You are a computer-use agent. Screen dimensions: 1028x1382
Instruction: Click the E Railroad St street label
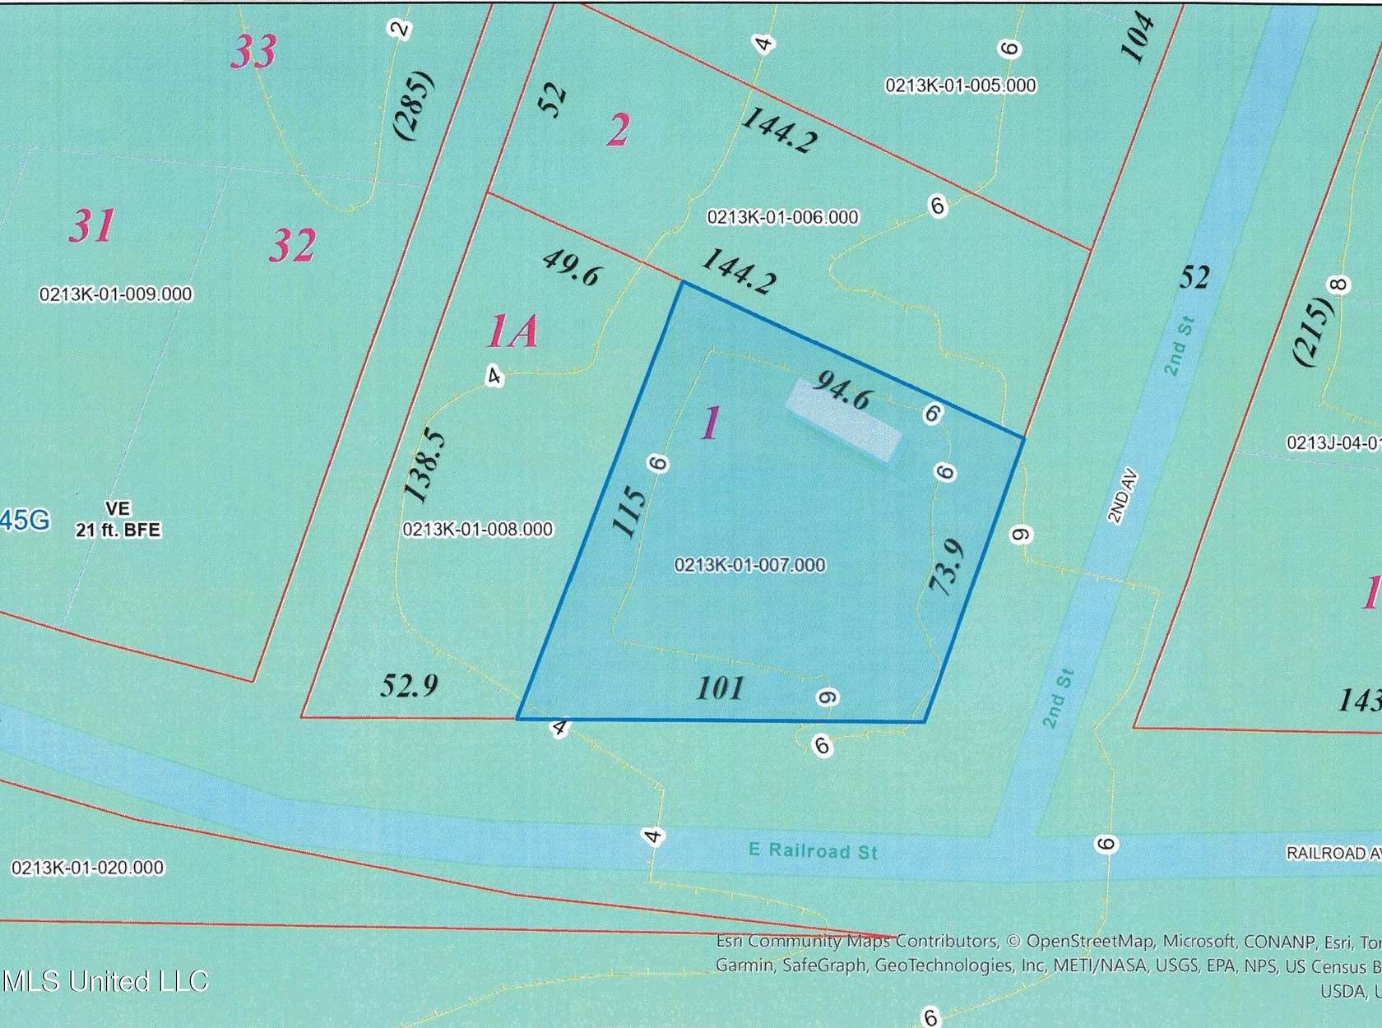tap(813, 850)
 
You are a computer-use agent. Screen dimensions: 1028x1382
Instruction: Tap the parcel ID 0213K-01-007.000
tap(749, 565)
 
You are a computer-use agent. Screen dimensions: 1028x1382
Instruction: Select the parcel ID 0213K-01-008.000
tap(477, 530)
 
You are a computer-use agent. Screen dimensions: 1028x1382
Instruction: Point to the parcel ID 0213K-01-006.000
tap(782, 217)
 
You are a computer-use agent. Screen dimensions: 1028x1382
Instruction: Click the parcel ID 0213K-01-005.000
tap(960, 86)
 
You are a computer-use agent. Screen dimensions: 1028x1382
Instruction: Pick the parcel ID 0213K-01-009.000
tap(115, 294)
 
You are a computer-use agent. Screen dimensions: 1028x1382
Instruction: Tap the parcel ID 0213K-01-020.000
tap(87, 867)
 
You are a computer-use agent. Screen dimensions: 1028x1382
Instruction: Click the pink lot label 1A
tap(512, 332)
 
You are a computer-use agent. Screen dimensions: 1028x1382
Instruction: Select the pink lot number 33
tap(253, 52)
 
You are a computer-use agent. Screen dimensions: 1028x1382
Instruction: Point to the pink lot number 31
tap(91, 225)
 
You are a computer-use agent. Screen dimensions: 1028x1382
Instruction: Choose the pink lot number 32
tap(293, 245)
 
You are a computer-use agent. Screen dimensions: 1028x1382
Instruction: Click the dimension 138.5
tap(427, 465)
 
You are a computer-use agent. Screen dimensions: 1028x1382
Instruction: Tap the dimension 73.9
tap(946, 567)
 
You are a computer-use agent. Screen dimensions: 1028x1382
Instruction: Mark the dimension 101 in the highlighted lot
tap(720, 688)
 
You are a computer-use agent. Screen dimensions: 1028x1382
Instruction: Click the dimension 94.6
tap(842, 389)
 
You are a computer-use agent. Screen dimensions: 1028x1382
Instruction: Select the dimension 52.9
tap(409, 684)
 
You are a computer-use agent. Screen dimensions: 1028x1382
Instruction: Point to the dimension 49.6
tap(570, 268)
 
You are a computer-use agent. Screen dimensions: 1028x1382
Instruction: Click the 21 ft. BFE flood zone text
tap(118, 530)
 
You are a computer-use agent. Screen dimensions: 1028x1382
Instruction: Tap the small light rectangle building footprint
tap(842, 419)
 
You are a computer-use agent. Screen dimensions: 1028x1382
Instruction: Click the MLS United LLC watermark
tap(105, 980)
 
